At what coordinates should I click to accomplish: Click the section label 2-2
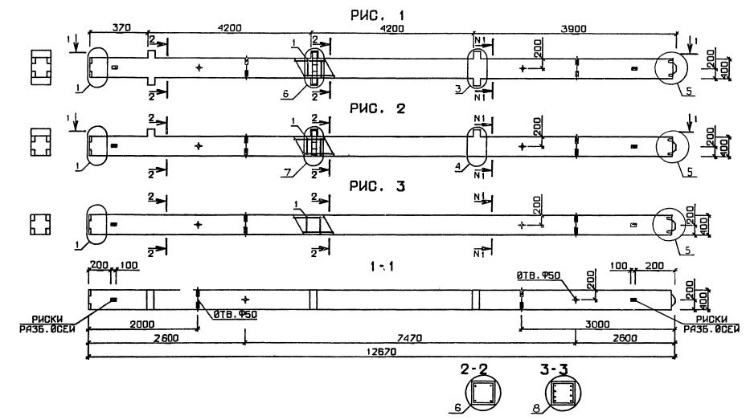482,369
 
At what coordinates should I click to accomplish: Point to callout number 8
537,410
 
